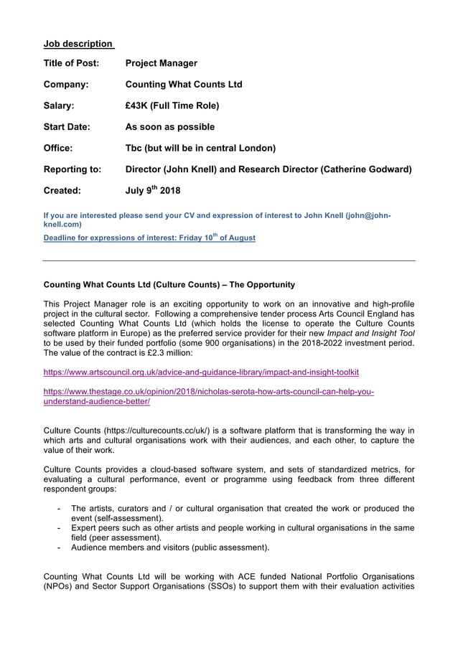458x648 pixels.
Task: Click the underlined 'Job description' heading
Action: pyautogui.click(x=78, y=44)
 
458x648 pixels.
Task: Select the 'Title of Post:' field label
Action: pyautogui.click(x=71, y=63)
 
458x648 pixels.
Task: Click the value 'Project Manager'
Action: pyautogui.click(x=161, y=63)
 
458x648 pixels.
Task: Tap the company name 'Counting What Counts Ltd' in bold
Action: pyautogui.click(x=184, y=85)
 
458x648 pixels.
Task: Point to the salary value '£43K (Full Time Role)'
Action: pyautogui.click(x=172, y=106)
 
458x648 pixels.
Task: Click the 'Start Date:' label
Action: pyautogui.click(x=67, y=127)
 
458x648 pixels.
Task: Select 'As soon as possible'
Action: pyautogui.click(x=169, y=127)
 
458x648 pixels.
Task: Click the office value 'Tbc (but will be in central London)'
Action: pyautogui.click(x=200, y=149)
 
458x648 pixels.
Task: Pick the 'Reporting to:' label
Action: pyautogui.click(x=73, y=169)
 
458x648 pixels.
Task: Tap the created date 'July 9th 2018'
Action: pyautogui.click(x=153, y=191)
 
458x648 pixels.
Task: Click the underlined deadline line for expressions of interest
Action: pyautogui.click(x=149, y=238)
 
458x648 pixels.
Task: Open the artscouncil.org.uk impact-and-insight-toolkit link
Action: pyautogui.click(x=201, y=372)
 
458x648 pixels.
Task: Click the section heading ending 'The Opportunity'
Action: pyautogui.click(x=169, y=285)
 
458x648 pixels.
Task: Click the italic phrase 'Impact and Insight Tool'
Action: pyautogui.click(x=370, y=333)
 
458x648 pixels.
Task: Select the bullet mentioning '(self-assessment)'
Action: pyautogui.click(x=242, y=513)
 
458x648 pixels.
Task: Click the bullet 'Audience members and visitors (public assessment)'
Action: pyautogui.click(x=170, y=548)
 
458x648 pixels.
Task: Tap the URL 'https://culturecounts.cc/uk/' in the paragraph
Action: pyautogui.click(x=154, y=431)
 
